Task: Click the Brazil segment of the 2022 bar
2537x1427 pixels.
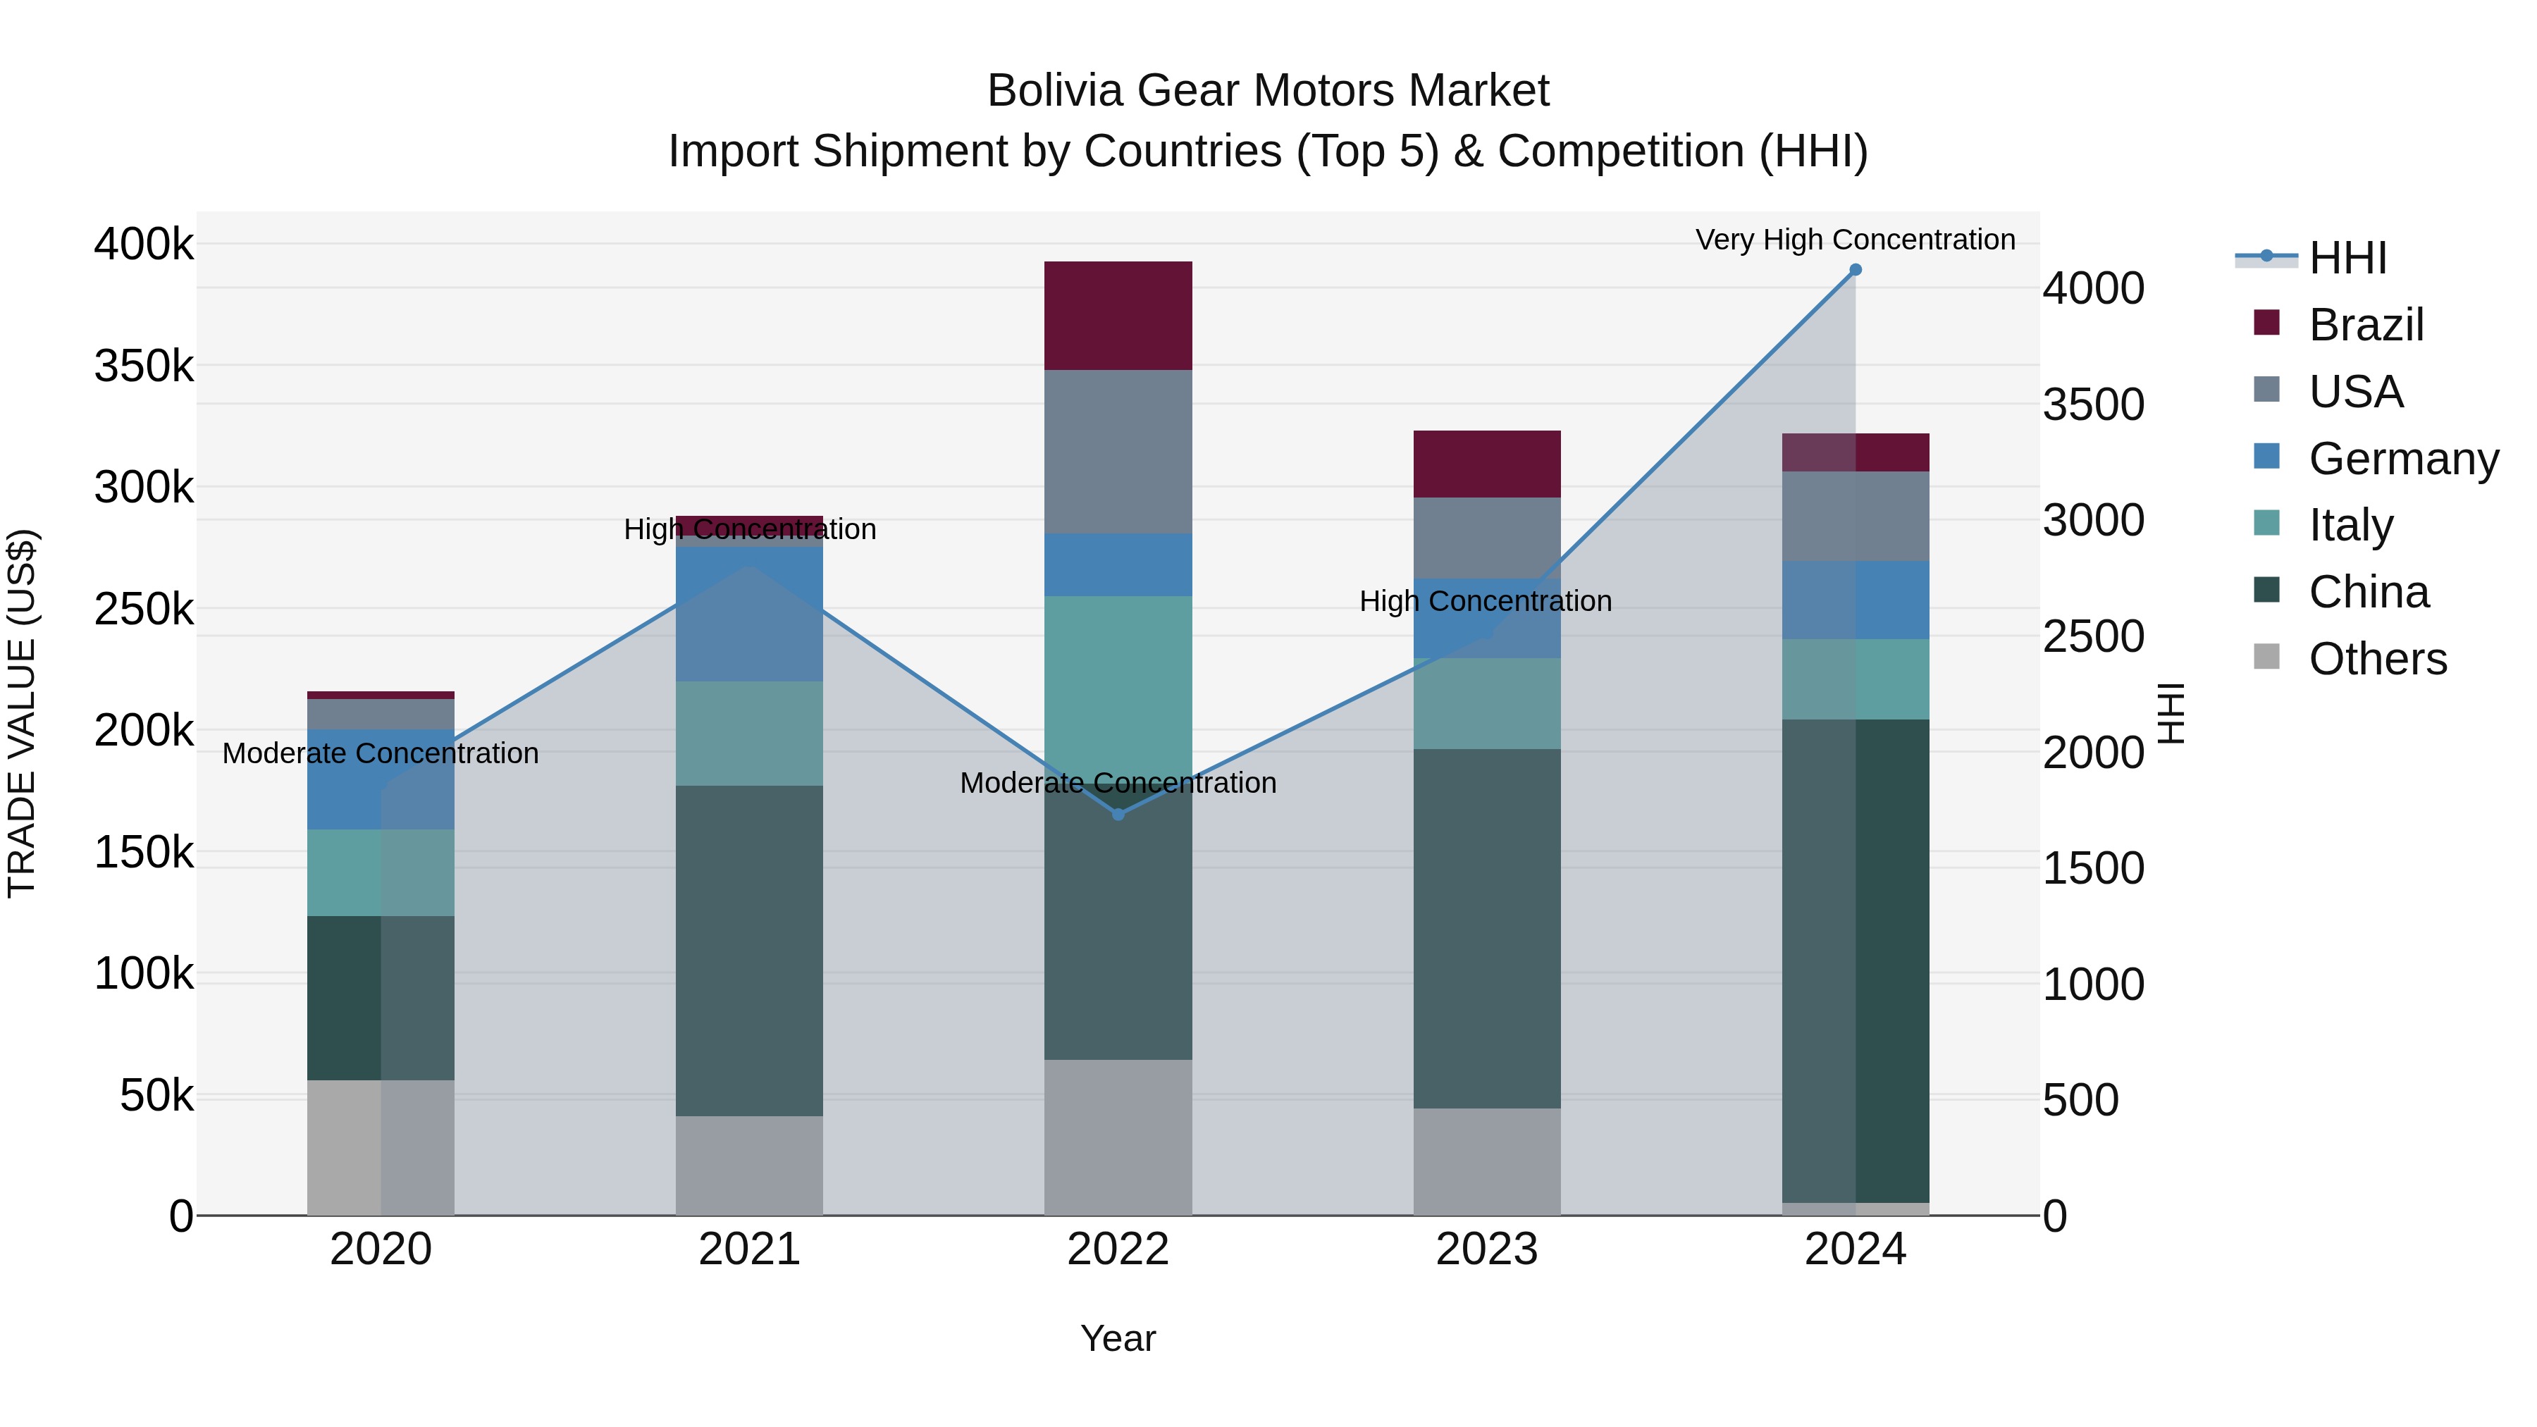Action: pyautogui.click(x=1118, y=315)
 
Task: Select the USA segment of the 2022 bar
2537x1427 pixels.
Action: pyautogui.click(x=1118, y=451)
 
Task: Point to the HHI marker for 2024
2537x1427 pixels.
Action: pyautogui.click(x=1856, y=270)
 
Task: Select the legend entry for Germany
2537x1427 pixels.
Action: pyautogui.click(x=2403, y=459)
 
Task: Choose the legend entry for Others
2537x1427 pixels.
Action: pyautogui.click(x=2378, y=659)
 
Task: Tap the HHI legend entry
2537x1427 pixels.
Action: pyautogui.click(x=2347, y=258)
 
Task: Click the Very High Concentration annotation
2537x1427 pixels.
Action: pyautogui.click(x=1856, y=240)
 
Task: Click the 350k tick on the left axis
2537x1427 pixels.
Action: pyautogui.click(x=144, y=366)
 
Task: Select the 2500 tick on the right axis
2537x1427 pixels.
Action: pyautogui.click(x=2093, y=636)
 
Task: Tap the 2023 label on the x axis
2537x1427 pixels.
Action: pyautogui.click(x=1487, y=1249)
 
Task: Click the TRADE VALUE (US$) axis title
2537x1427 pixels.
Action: pyautogui.click(x=22, y=713)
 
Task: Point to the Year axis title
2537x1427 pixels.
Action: pyautogui.click(x=1118, y=1338)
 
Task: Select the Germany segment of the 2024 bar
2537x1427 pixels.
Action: pyautogui.click(x=1856, y=600)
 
